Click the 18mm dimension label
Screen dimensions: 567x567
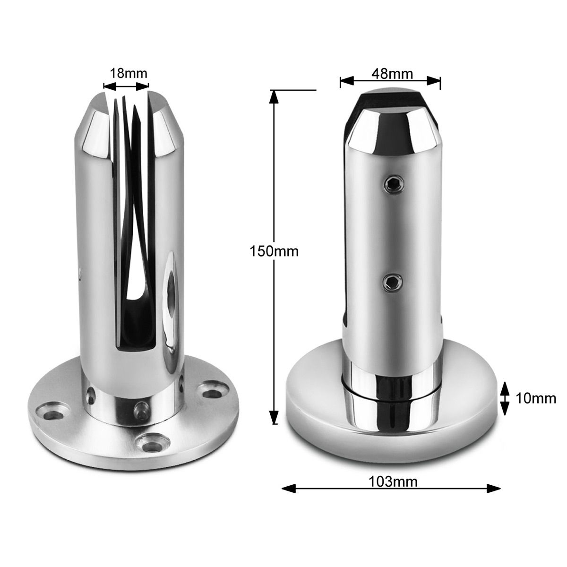(x=129, y=73)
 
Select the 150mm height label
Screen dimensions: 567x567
(x=274, y=251)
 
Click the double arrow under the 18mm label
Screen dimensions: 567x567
(x=126, y=86)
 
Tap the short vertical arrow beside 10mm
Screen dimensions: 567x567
(x=505, y=398)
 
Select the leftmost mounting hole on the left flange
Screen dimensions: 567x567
(x=53, y=412)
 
